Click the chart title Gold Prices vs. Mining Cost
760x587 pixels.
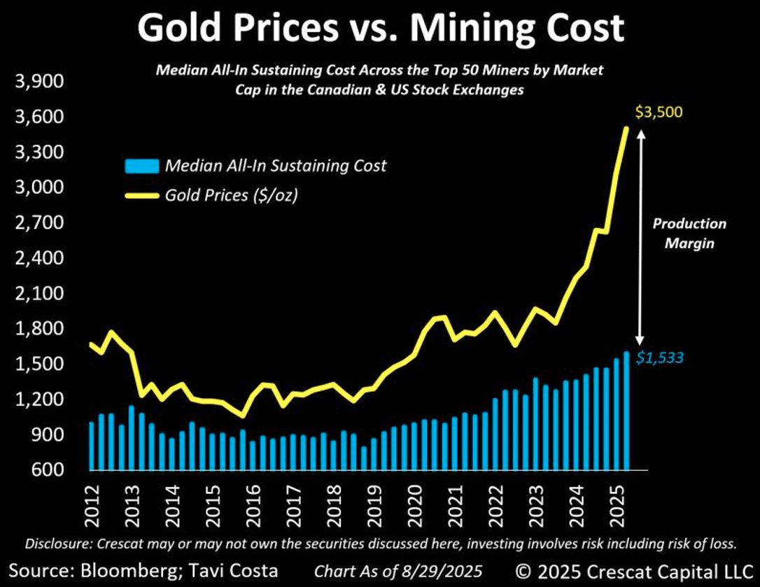coord(380,29)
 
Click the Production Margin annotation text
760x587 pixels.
coord(689,234)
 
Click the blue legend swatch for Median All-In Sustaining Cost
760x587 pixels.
coord(141,167)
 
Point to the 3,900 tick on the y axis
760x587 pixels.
coord(39,82)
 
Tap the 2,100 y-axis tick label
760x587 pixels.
coord(39,294)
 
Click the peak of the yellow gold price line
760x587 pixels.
coord(626,128)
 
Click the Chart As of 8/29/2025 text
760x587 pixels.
coord(397,570)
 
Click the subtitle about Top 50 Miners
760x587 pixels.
coord(379,80)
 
